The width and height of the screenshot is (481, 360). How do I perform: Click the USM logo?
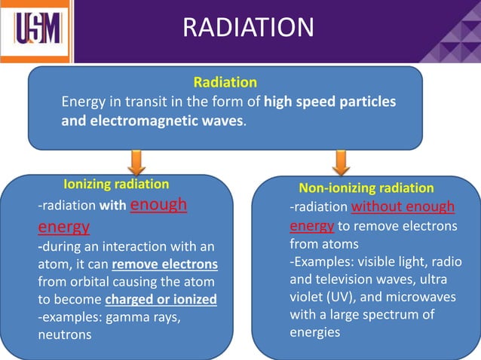pyautogui.click(x=37, y=31)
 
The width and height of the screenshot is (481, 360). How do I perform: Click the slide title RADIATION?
pyautogui.click(x=248, y=28)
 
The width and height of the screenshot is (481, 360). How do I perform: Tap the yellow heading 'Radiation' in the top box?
pyautogui.click(x=225, y=82)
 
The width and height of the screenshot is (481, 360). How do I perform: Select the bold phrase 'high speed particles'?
pyautogui.click(x=330, y=102)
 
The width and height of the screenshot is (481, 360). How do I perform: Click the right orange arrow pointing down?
pyautogui.click(x=341, y=162)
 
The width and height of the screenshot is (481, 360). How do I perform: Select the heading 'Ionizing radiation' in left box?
pyautogui.click(x=115, y=184)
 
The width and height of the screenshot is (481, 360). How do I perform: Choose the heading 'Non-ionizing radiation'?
pyautogui.click(x=366, y=188)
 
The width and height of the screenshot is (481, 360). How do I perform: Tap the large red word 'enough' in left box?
pyautogui.click(x=159, y=205)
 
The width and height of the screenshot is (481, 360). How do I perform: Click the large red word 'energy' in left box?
pyautogui.click(x=63, y=226)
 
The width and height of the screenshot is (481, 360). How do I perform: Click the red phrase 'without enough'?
pyautogui.click(x=403, y=207)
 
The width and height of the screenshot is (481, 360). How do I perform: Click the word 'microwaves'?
pyautogui.click(x=421, y=297)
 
